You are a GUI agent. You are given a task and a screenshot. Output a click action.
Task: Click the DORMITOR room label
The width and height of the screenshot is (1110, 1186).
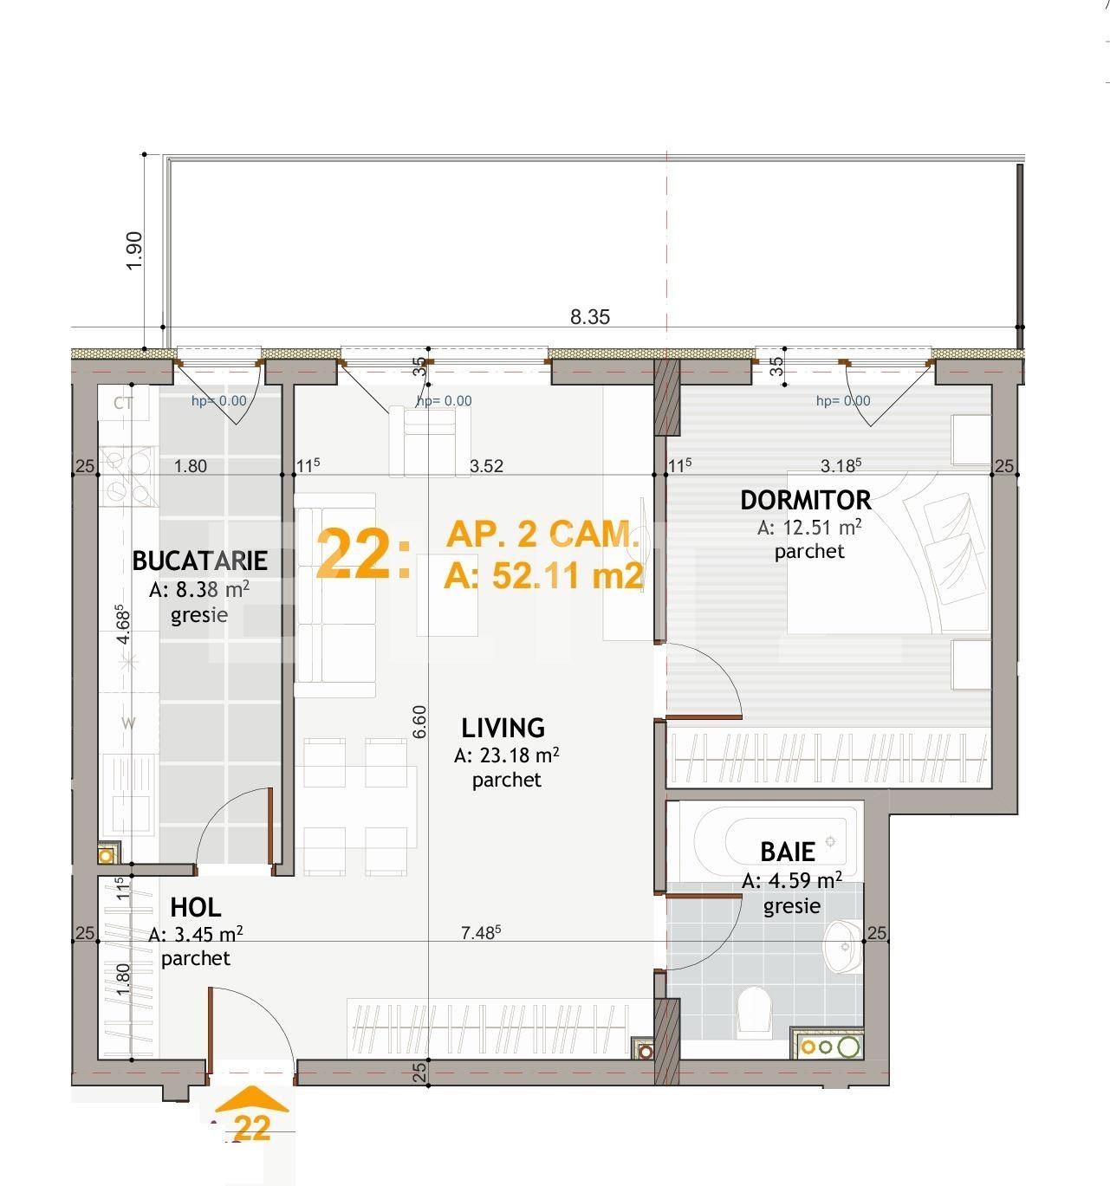click(x=805, y=500)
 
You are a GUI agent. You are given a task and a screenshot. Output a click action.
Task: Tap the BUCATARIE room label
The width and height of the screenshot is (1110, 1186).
click(x=199, y=561)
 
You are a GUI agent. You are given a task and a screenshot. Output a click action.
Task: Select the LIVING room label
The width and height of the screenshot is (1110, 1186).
click(x=503, y=728)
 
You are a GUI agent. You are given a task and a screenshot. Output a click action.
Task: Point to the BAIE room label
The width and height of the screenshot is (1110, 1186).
click(x=788, y=852)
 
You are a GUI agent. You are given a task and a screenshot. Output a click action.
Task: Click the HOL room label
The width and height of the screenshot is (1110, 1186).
click(x=196, y=907)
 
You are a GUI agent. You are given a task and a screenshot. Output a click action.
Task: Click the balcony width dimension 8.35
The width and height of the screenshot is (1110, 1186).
click(x=589, y=317)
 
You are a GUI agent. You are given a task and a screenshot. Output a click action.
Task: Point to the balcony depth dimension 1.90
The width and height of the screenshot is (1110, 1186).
click(x=134, y=250)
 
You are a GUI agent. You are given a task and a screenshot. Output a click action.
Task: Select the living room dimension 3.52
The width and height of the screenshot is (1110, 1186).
click(x=486, y=466)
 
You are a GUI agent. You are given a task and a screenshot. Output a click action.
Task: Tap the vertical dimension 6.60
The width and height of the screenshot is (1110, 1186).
click(x=419, y=721)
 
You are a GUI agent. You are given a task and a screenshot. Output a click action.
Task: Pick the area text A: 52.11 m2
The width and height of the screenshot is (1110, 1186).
click(x=543, y=575)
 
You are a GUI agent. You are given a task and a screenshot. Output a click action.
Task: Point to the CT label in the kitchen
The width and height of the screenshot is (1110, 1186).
click(x=123, y=403)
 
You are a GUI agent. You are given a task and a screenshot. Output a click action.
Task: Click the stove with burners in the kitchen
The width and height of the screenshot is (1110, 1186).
click(x=128, y=476)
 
